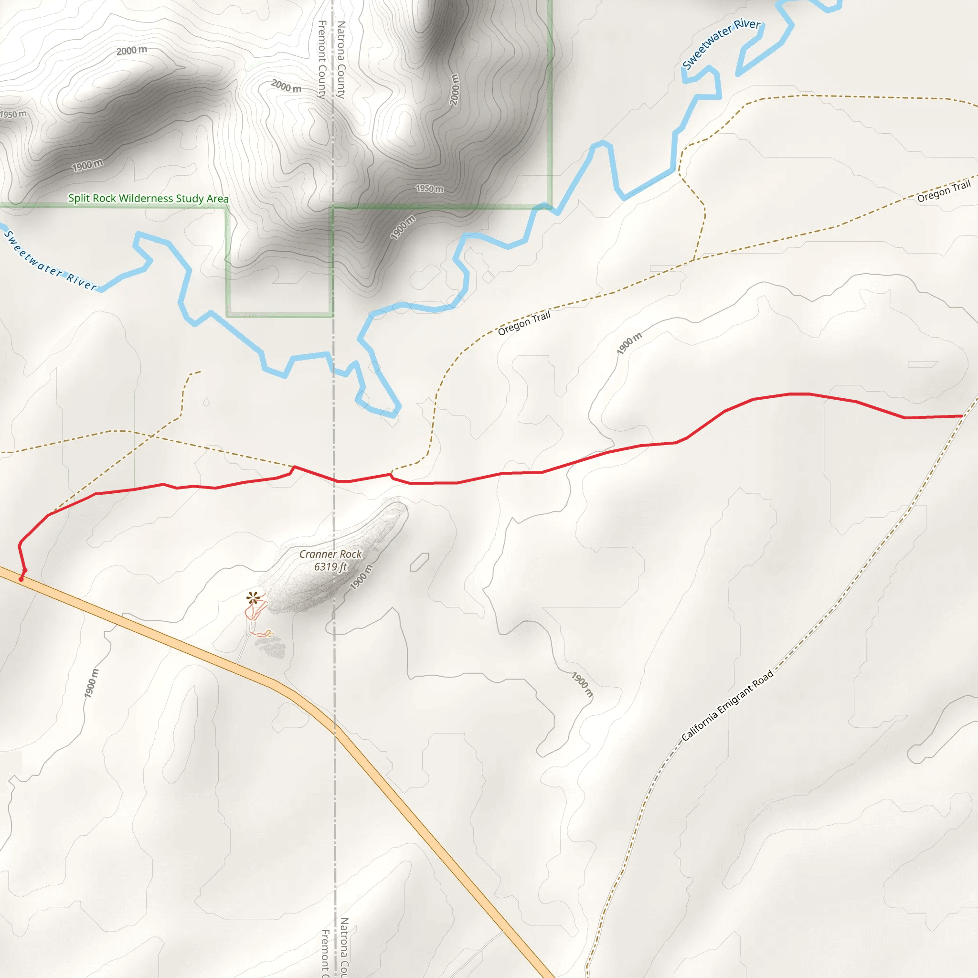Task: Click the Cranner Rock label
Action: (330, 554)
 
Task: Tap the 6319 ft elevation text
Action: (330, 566)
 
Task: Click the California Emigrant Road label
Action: (727, 705)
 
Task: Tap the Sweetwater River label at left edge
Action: (50, 261)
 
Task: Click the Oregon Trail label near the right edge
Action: (944, 191)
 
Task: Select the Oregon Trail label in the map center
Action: (524, 323)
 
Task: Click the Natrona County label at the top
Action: (341, 59)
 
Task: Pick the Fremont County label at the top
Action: (321, 59)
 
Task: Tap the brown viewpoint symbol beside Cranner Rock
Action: (254, 598)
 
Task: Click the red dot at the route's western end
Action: (21, 579)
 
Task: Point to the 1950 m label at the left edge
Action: (13, 115)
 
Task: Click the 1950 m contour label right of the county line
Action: (429, 188)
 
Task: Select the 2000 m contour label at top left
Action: (132, 50)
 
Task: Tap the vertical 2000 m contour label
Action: (454, 90)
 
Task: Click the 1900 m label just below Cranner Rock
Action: (361, 576)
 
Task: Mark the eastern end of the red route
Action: (962, 416)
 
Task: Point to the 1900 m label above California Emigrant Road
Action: (582, 684)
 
